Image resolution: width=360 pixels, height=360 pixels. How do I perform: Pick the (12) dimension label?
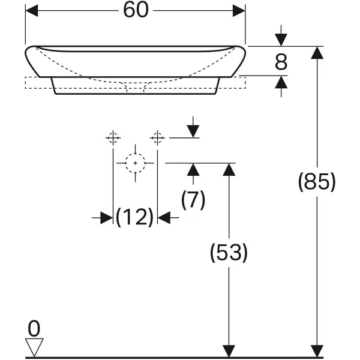tap(135, 217)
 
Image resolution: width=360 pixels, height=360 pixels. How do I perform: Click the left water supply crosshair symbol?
tap(113, 138)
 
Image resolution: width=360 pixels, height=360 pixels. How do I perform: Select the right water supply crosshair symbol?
tap(157, 138)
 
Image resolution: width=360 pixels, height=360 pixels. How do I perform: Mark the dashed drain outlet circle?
tap(136, 163)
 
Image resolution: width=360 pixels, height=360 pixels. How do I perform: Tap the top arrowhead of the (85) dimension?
tap(316, 53)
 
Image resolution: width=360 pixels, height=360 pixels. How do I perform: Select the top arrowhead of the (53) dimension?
tap(229, 169)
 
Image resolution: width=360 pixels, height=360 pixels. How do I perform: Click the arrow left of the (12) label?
tap(106, 218)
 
